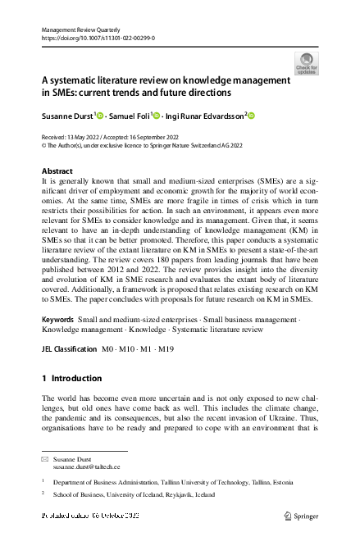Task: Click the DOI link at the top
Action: click(x=98, y=39)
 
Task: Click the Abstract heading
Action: click(x=57, y=171)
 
